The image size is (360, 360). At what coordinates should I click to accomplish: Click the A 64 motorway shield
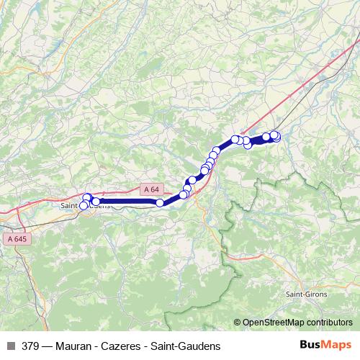[150, 189]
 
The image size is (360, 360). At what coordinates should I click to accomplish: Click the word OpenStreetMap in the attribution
[278, 323]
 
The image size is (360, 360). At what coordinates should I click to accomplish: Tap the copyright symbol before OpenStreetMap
[238, 323]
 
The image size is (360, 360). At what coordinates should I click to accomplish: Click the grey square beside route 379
[11, 346]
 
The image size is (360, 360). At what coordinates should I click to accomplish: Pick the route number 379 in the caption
[31, 346]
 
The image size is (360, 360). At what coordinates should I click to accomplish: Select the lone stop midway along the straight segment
[160, 203]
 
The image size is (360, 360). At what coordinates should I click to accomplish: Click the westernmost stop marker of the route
[84, 206]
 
